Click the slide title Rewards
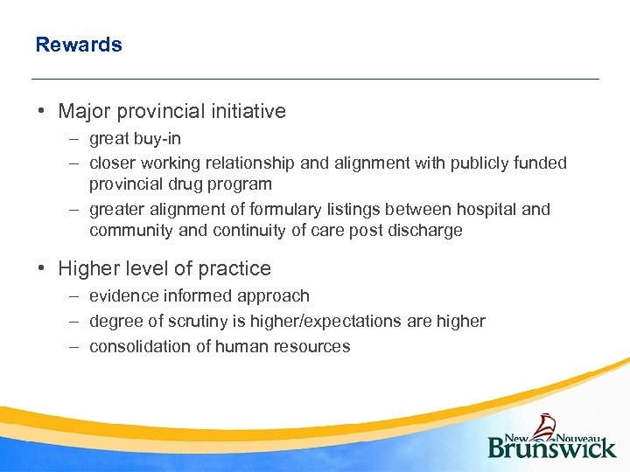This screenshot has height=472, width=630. (x=79, y=45)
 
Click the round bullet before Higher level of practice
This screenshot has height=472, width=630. (x=41, y=268)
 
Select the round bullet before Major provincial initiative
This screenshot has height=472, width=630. (x=41, y=112)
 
